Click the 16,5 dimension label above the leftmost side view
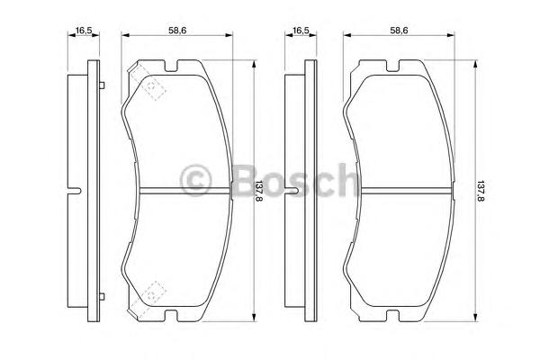click(x=84, y=31)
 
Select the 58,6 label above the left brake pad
click(x=177, y=31)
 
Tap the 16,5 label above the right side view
click(x=301, y=31)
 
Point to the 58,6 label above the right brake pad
click(x=399, y=31)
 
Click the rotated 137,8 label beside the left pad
click(x=259, y=191)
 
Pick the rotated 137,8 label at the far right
click(x=481, y=191)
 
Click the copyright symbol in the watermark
click(x=195, y=180)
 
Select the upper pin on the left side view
click(x=102, y=85)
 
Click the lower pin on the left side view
click(x=102, y=296)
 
